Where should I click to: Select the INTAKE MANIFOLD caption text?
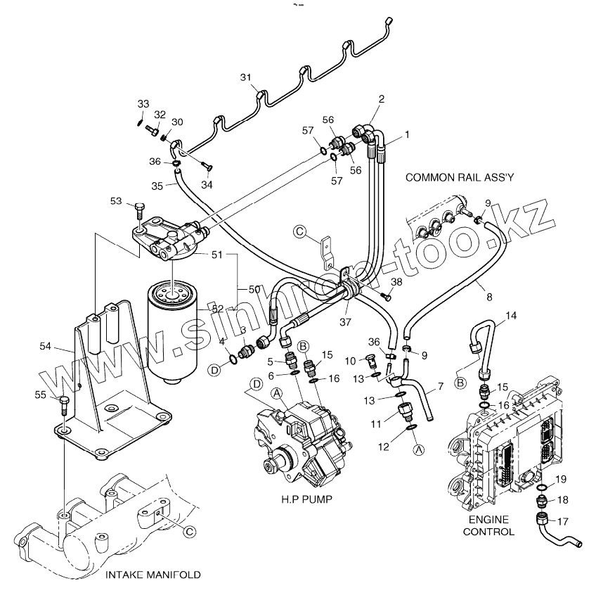click(x=153, y=575)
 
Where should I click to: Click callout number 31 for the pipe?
click(x=245, y=77)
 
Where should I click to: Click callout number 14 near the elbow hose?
click(x=511, y=316)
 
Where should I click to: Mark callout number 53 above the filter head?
click(x=116, y=202)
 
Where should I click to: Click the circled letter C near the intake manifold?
click(x=189, y=532)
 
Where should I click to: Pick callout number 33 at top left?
click(x=143, y=104)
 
